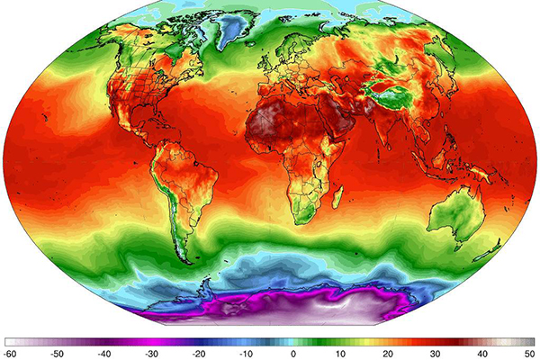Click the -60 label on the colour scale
pos(11,354)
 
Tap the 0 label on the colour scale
pos(293,354)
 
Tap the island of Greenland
pos(235,31)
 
